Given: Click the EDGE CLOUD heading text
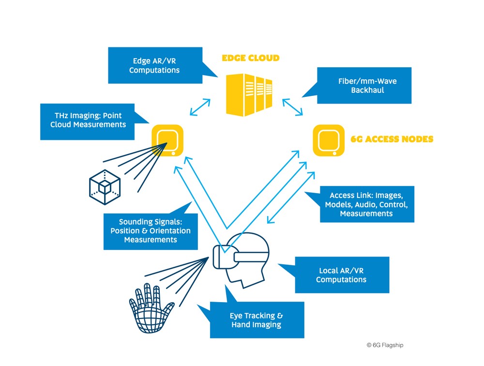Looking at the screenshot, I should (250, 58).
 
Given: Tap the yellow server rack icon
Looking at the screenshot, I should (250, 94).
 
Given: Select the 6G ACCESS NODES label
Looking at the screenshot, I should (392, 139).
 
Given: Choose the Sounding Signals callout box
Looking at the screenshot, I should (151, 231).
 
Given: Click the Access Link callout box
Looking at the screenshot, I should (366, 204).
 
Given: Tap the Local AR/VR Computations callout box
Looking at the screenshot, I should (341, 275).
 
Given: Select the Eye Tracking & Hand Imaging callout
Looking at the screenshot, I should (257, 320).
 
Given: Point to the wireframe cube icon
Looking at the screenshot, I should (106, 184).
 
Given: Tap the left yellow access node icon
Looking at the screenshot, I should (167, 140).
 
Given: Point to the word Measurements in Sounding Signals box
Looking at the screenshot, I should (151, 240).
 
